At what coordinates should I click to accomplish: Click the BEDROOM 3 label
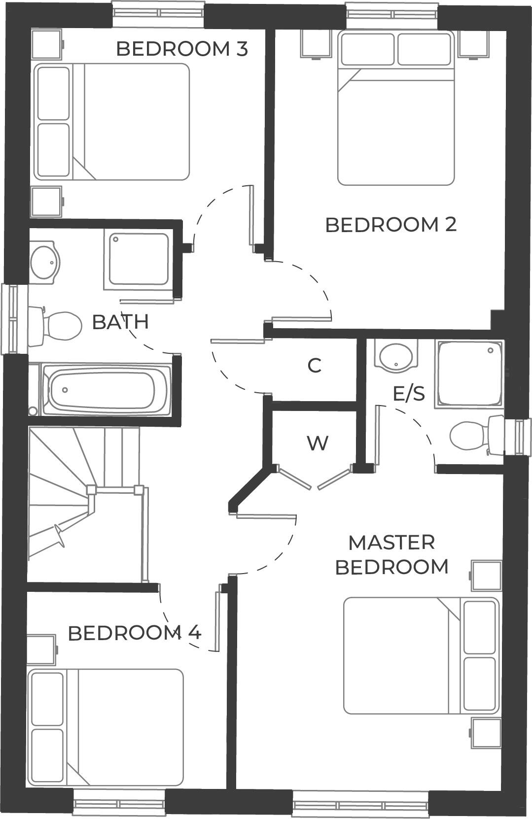coord(181,49)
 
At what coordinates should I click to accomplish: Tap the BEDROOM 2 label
coord(390,225)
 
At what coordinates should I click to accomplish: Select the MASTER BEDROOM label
coord(391,555)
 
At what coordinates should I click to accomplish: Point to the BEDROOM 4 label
coord(134,633)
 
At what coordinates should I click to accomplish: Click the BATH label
coord(120,322)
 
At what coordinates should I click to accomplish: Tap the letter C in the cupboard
coord(315,366)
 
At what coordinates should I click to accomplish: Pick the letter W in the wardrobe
coord(318,443)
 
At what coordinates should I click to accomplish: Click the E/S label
coord(409,394)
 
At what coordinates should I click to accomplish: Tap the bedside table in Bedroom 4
coord(41,650)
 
